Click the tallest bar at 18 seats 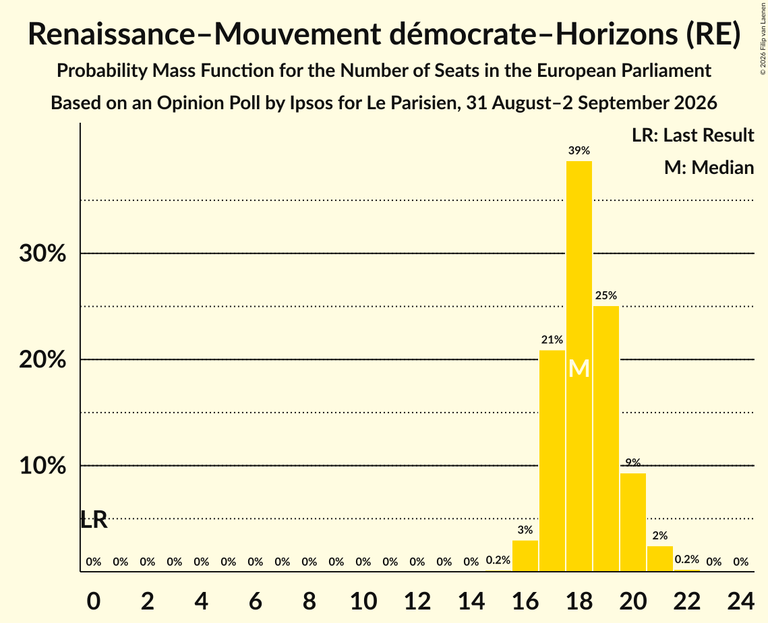579,366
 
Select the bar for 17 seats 552,461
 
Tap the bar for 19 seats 606,438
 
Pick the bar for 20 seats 633,522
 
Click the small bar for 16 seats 525,556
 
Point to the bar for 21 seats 659,558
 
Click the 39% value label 579,151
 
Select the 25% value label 606,296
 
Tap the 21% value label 552,340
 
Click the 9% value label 633,463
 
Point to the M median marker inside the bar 579,368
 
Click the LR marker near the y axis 94,520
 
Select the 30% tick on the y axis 42,254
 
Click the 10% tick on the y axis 42,466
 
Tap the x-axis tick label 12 417,601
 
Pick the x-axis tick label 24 740,601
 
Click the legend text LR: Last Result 692,135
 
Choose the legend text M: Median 709,167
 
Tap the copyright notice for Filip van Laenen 763,38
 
